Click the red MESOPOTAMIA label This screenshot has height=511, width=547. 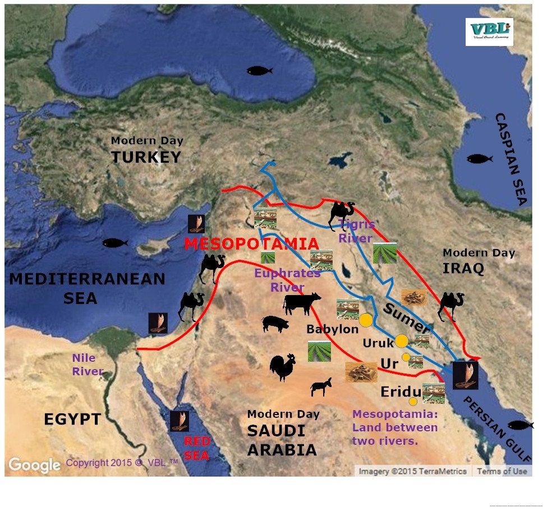(x=252, y=244)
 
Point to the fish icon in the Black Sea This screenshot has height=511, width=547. (x=259, y=71)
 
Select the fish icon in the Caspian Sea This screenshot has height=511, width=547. (x=480, y=159)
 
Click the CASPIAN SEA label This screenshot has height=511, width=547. (x=512, y=159)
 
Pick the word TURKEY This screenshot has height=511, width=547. (x=146, y=158)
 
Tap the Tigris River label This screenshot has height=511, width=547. (x=355, y=231)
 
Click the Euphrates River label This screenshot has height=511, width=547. (x=287, y=280)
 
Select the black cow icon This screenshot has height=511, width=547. (x=302, y=303)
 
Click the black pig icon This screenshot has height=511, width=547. (x=275, y=323)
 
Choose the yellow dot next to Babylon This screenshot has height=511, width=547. (x=366, y=320)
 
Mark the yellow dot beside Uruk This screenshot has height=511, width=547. (x=401, y=340)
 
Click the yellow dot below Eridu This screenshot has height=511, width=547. (x=413, y=401)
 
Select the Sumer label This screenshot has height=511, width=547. (x=407, y=316)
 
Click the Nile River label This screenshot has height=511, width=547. (x=87, y=364)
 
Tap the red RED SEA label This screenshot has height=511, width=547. (x=197, y=448)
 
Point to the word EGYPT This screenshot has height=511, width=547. (x=72, y=418)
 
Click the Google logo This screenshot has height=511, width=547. (x=34, y=464)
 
